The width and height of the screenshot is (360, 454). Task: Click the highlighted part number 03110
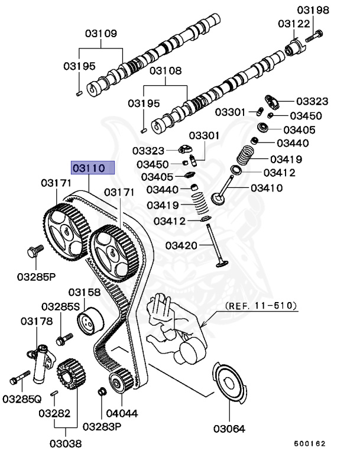[89, 168]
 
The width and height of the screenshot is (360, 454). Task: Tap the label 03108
[166, 72]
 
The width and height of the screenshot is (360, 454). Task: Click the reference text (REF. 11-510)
[261, 307]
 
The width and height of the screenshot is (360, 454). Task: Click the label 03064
[230, 428]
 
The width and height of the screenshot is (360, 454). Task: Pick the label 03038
[66, 443]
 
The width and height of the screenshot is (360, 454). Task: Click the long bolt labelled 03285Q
[19, 375]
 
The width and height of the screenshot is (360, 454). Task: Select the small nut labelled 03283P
[102, 391]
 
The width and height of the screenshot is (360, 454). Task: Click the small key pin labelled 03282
[54, 393]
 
